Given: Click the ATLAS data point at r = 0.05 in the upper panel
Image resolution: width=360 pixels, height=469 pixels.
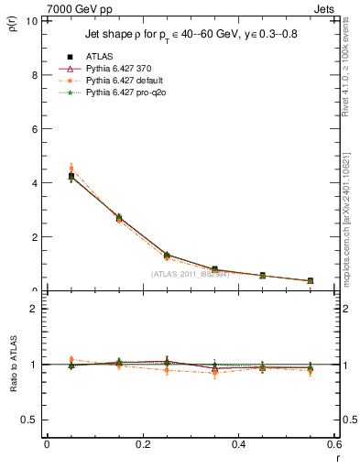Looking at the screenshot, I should point(71,176).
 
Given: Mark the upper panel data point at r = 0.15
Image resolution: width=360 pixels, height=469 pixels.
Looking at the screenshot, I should point(119,218).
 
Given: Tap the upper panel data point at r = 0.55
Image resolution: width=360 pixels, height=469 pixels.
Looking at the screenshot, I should point(311,281).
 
